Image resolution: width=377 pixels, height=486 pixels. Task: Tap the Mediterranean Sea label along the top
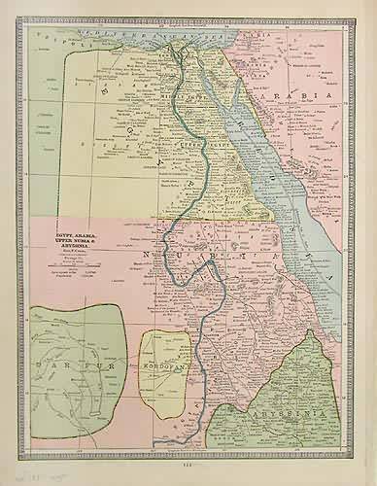pyautogui.click(x=146, y=30)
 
